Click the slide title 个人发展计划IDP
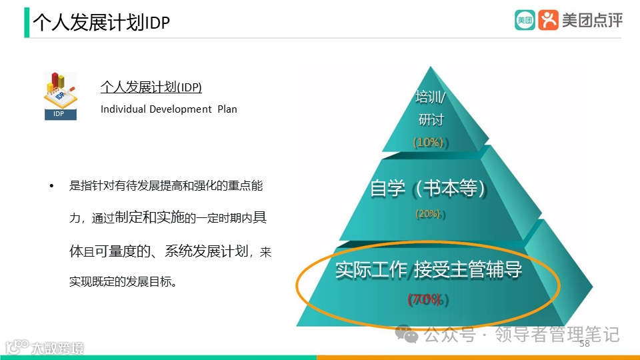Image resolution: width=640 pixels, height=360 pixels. coord(101,23)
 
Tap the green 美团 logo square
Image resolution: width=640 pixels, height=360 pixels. coord(525,20)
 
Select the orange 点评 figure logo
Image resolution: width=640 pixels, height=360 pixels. coord(548,20)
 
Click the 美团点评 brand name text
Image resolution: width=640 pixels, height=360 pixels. coord(592,21)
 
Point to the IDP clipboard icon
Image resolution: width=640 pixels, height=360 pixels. coord(60,95)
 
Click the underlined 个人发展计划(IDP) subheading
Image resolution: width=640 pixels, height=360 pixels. coord(151,87)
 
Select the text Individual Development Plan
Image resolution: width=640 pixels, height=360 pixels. coord(169,109)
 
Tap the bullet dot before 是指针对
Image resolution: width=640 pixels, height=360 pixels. coord(51,186)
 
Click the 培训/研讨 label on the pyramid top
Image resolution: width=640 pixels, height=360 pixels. coord(431,109)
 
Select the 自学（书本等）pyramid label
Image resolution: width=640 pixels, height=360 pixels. coord(426,189)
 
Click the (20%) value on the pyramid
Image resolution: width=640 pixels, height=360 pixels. coord(427,214)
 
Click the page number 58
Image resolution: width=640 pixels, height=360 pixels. coord(585,344)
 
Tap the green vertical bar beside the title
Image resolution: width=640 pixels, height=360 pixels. coord(27,23)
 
